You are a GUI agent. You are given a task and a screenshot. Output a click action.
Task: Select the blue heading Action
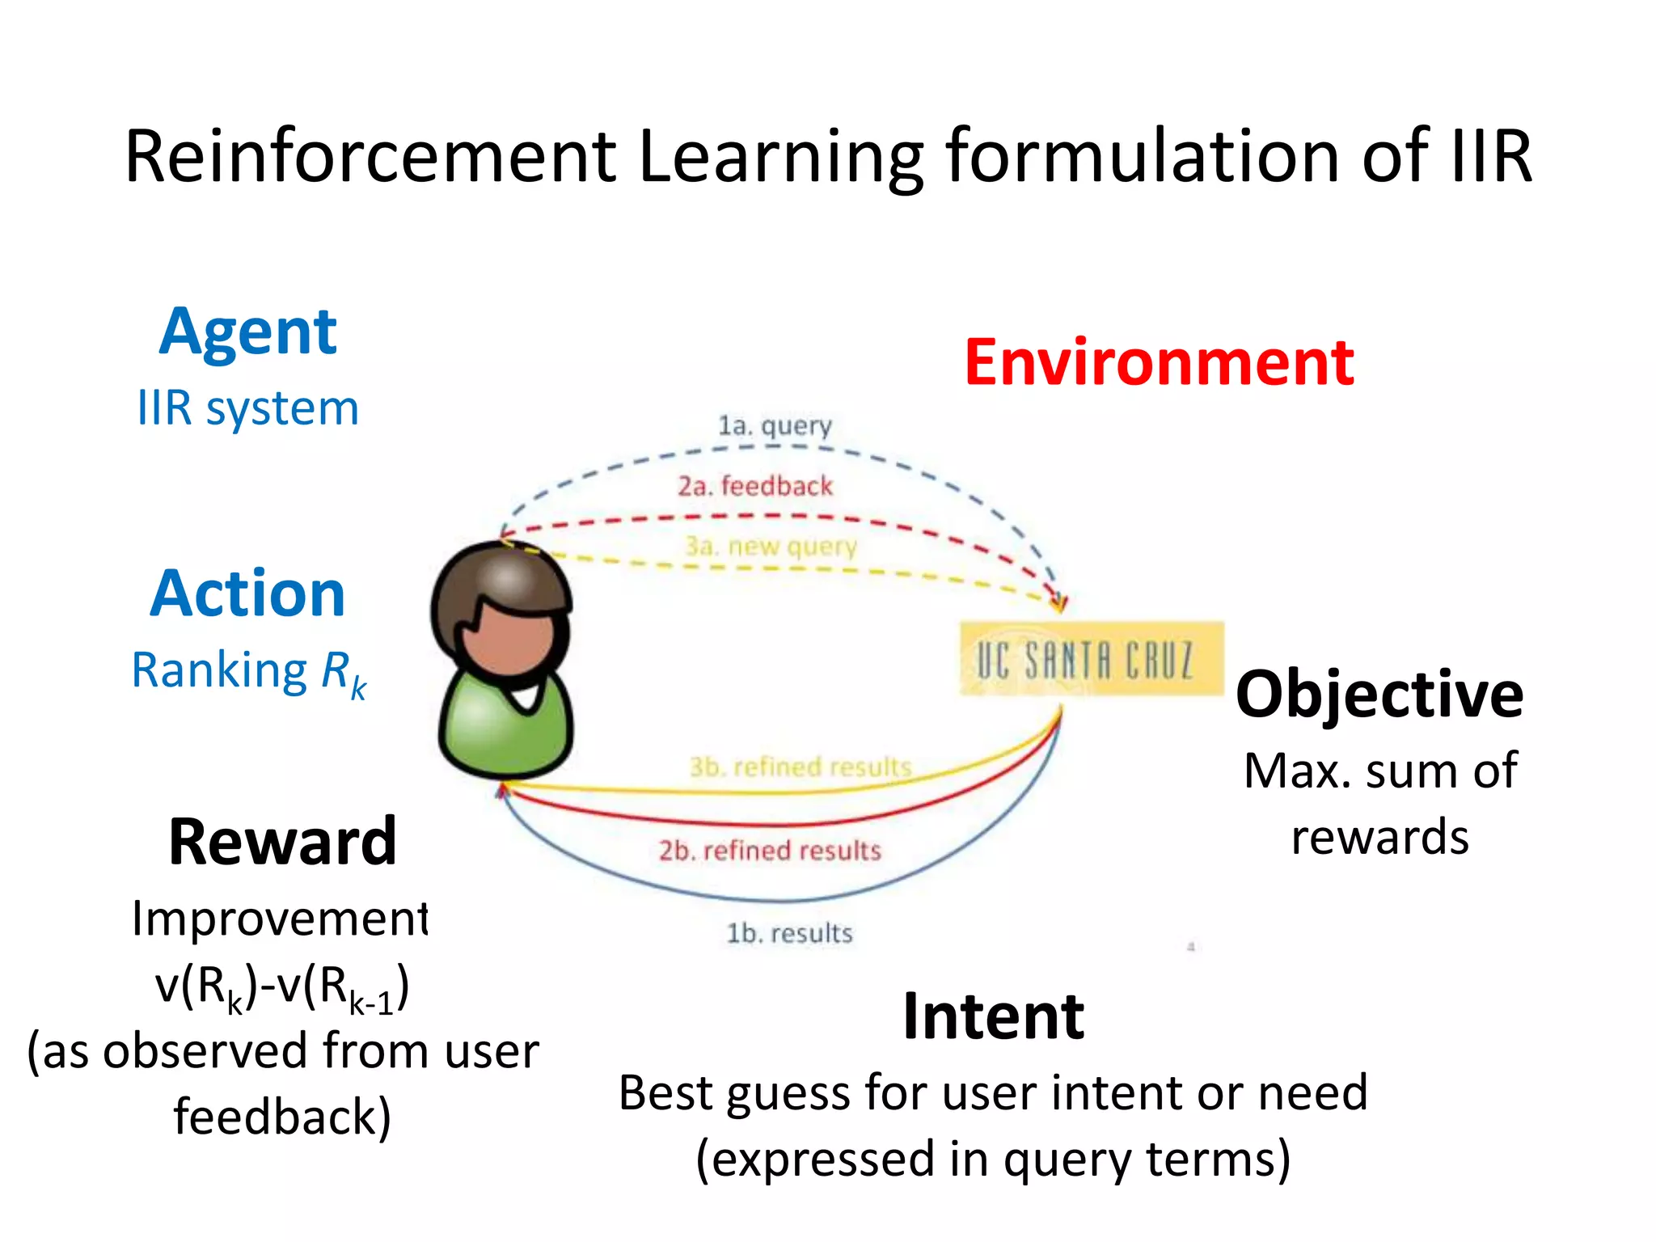(x=247, y=594)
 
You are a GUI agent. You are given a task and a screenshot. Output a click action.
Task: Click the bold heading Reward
(x=282, y=843)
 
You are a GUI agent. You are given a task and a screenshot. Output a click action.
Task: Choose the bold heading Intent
(x=993, y=1016)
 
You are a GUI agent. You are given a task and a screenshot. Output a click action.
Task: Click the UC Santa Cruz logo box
(x=1091, y=659)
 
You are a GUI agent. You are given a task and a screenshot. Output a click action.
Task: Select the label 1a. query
(x=775, y=425)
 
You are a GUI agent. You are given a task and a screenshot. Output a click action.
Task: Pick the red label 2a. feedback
(x=754, y=486)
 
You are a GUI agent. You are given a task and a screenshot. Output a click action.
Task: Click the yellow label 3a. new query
(x=771, y=547)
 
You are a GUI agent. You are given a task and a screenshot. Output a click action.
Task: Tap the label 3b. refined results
(x=800, y=766)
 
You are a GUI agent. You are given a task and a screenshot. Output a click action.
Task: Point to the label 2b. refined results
(x=769, y=851)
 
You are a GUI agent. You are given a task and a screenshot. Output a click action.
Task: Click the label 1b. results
(x=789, y=933)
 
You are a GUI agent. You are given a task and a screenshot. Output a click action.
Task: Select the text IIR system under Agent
(x=247, y=408)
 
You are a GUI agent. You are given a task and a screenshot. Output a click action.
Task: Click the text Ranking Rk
(x=247, y=671)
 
